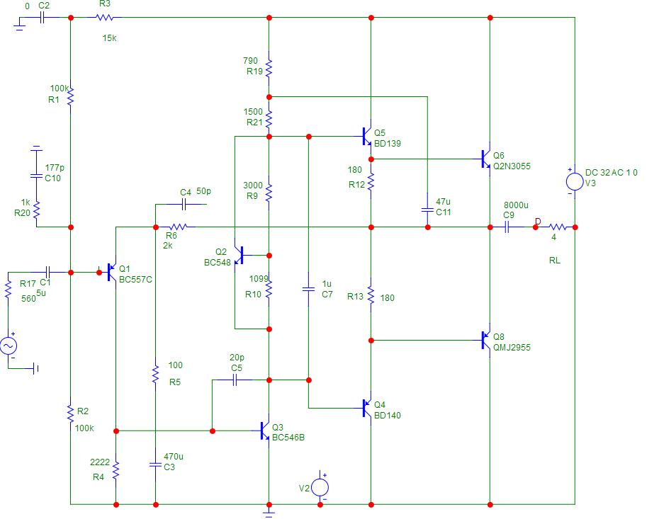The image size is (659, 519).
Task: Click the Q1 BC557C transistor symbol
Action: (x=111, y=272)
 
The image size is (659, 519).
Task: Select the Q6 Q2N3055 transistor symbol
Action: (x=486, y=159)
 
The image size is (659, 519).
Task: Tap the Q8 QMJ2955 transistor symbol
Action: (x=486, y=341)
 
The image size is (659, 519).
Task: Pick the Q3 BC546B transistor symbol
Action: (x=265, y=430)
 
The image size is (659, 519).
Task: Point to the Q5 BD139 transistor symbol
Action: (x=367, y=137)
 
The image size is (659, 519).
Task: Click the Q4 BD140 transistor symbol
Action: (x=367, y=408)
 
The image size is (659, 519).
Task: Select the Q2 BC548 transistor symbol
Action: (x=239, y=256)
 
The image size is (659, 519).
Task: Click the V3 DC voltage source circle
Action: (x=575, y=182)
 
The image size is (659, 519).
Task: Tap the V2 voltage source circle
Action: (x=320, y=488)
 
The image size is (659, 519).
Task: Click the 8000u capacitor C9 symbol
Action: (x=507, y=227)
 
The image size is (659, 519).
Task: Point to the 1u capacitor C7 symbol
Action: (x=308, y=290)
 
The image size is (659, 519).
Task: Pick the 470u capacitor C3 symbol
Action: (x=155, y=464)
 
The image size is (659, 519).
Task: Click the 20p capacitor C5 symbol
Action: (x=235, y=380)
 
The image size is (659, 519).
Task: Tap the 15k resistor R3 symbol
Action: (x=105, y=18)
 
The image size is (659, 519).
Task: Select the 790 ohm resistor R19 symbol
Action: (x=269, y=67)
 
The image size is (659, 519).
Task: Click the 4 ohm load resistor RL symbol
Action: (x=558, y=227)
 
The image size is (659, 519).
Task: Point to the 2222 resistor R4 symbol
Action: (x=116, y=470)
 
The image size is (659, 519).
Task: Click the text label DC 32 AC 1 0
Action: (x=611, y=173)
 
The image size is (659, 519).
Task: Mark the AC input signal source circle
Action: (x=8, y=346)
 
